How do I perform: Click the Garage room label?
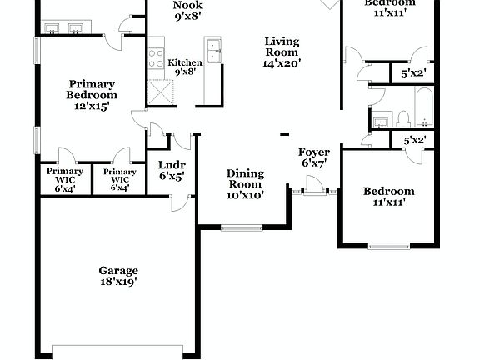point(118,271)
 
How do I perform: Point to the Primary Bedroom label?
point(92,89)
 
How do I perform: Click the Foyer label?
point(314,152)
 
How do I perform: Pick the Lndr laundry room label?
point(172,166)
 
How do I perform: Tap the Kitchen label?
point(184,62)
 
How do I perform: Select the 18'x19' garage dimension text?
point(118,282)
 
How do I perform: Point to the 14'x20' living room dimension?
point(282,62)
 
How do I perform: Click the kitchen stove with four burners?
point(156,58)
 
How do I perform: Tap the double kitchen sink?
point(212,52)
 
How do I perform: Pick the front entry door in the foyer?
point(314,192)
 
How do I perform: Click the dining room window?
point(241,227)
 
